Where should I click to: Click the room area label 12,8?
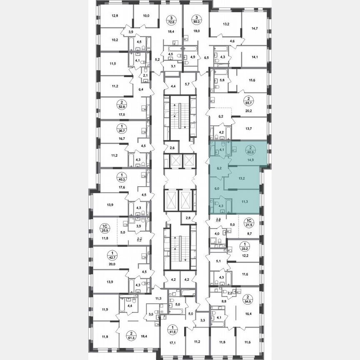click(115, 16)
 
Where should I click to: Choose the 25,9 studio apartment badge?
click(105, 227)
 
